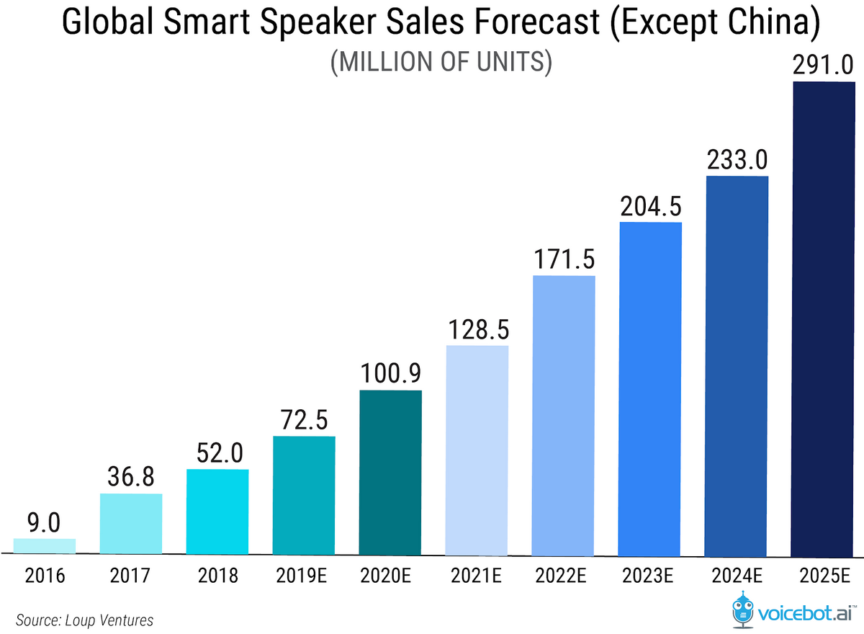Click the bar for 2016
tap(44, 546)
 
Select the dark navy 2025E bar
tap(823, 318)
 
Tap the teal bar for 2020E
tap(390, 473)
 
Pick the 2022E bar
tap(564, 415)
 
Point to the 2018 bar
tap(217, 512)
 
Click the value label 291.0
tap(823, 66)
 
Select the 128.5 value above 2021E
tap(477, 330)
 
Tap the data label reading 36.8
tap(130, 478)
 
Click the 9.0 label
tap(45, 522)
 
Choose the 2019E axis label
tap(304, 576)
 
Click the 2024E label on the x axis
tap(737, 576)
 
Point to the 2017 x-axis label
tap(130, 576)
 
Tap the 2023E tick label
tap(650, 576)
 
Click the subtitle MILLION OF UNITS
tap(441, 63)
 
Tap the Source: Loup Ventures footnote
tap(84, 620)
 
